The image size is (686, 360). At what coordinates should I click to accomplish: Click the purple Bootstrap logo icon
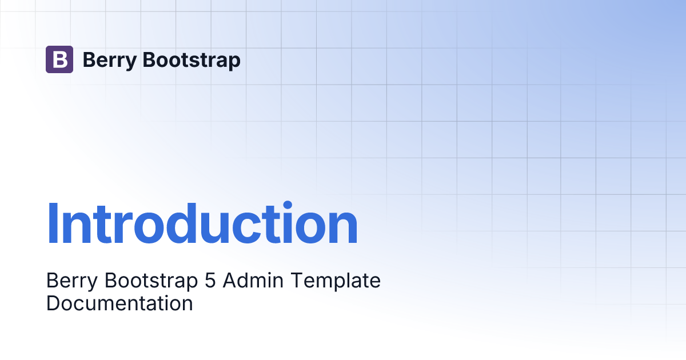(59, 59)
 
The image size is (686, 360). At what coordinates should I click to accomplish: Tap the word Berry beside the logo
(110, 61)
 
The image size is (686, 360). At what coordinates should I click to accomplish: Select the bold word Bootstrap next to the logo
(192, 61)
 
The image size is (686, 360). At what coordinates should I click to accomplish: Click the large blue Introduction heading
(202, 223)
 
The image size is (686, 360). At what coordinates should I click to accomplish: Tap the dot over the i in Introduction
(288, 205)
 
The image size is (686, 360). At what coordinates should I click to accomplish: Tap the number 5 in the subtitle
(210, 281)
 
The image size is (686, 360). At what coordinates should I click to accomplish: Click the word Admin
(253, 280)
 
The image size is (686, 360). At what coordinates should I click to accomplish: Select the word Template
(336, 281)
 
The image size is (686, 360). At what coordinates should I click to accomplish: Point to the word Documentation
(119, 303)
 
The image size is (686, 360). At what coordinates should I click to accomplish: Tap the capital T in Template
(297, 280)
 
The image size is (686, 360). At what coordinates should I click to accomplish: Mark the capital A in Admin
(230, 280)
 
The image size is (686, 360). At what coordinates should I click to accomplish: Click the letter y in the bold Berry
(130, 63)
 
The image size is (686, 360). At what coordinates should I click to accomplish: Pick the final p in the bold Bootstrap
(234, 62)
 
